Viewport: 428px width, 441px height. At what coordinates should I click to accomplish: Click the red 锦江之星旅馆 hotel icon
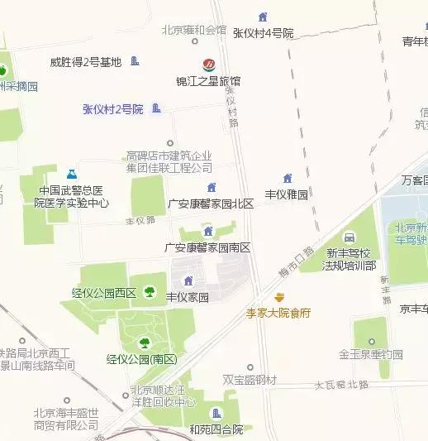click(x=209, y=64)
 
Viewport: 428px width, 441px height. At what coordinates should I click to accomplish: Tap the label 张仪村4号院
click(x=264, y=33)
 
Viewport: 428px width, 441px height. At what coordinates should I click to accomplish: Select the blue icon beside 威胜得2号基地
click(x=135, y=60)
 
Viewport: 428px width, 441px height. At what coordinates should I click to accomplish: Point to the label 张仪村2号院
click(x=113, y=108)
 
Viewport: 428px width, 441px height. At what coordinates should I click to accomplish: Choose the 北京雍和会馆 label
click(x=194, y=30)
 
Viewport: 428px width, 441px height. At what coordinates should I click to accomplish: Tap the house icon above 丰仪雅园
click(x=287, y=179)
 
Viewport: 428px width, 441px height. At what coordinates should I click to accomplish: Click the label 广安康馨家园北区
click(x=211, y=204)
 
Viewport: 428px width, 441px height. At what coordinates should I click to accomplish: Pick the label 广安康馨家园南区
click(x=207, y=247)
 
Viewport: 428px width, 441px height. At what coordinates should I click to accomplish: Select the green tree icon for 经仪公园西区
click(x=150, y=290)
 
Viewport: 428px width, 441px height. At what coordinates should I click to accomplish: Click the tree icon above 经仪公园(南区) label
click(x=144, y=342)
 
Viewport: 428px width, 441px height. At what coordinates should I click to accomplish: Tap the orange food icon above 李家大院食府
click(x=280, y=297)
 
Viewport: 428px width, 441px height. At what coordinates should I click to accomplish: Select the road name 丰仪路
click(x=140, y=221)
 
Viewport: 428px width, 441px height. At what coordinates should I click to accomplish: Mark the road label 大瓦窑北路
click(x=341, y=385)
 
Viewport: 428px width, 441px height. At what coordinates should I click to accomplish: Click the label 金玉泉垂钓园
click(x=370, y=354)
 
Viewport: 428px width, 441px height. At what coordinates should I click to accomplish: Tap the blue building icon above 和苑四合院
click(x=216, y=414)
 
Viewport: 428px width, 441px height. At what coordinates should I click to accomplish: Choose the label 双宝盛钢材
click(x=250, y=379)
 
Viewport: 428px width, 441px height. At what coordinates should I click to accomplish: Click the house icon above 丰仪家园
click(x=188, y=280)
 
